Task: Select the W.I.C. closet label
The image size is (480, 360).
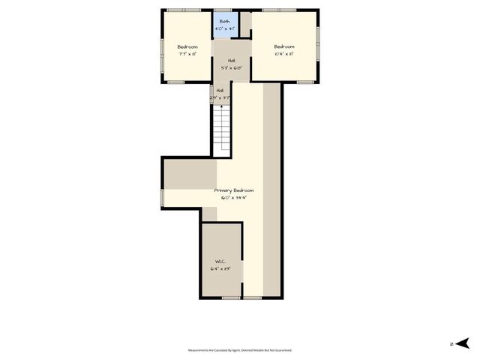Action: [220, 262]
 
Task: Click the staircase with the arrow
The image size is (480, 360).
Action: [220, 130]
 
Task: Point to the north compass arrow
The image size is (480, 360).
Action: [463, 343]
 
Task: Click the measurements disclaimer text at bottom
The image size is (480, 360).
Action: [239, 350]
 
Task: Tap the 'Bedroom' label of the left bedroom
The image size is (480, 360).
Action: [187, 46]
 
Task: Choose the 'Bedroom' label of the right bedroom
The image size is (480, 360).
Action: [284, 46]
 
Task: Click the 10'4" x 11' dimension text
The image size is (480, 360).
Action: [284, 54]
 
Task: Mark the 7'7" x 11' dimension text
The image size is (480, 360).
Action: [187, 54]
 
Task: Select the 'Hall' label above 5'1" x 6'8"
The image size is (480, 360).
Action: [231, 60]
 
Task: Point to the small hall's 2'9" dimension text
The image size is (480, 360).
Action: [220, 97]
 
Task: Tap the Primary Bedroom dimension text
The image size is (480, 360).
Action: [233, 198]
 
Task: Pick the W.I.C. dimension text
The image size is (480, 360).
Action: [220, 268]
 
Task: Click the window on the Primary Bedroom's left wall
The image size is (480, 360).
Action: [163, 197]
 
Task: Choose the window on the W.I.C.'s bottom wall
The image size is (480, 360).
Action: [231, 298]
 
